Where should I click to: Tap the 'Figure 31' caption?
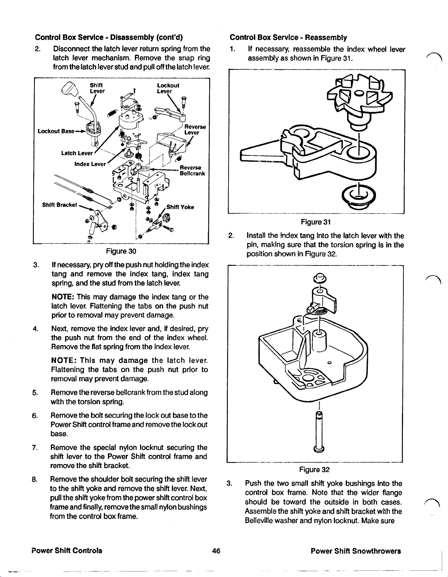(x=316, y=222)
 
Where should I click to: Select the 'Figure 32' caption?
(x=315, y=469)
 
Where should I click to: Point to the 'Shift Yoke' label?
(x=180, y=207)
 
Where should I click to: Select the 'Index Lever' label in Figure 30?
(x=90, y=164)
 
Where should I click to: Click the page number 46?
(x=216, y=551)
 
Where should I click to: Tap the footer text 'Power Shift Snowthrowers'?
(x=356, y=551)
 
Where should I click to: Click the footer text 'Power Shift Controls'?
(x=67, y=551)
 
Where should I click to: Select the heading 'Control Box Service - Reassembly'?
(x=288, y=37)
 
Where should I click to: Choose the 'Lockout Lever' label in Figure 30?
(x=168, y=88)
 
